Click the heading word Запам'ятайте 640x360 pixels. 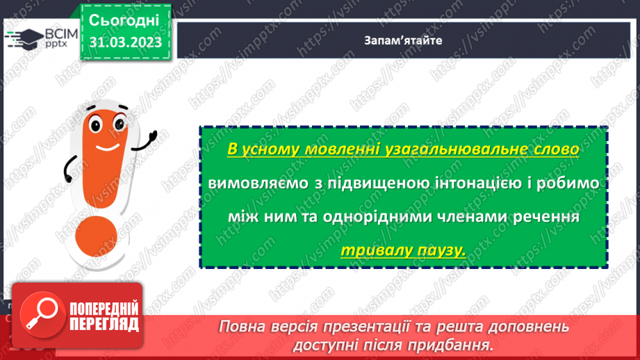point(402,40)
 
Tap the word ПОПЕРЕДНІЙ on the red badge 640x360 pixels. point(103,309)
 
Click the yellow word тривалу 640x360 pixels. point(374,249)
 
